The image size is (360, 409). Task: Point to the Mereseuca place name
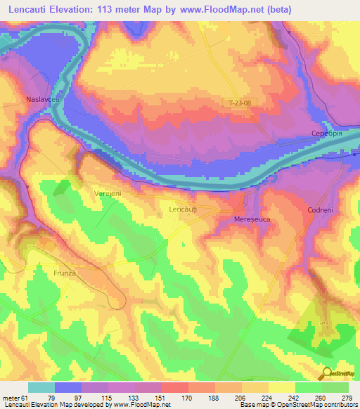(252, 220)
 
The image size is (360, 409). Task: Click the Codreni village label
(320, 210)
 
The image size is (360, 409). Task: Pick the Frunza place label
(64, 272)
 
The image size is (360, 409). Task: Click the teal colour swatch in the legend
(41, 387)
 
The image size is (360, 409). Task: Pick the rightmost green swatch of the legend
(335, 387)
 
